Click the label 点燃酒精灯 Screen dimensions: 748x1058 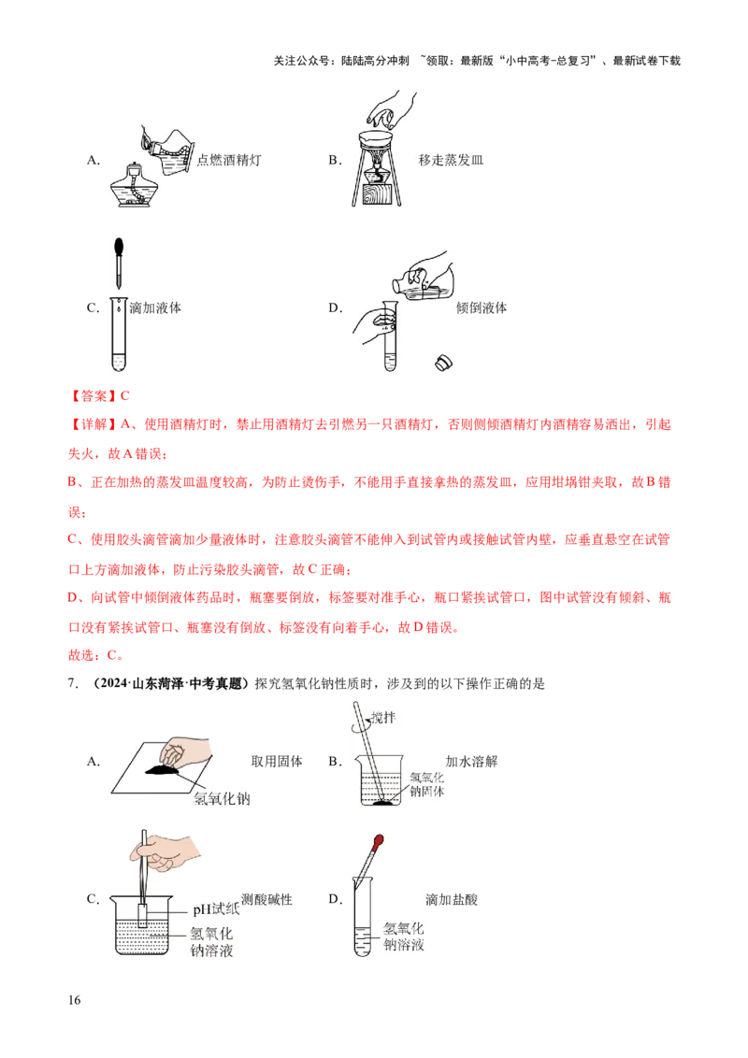point(229,160)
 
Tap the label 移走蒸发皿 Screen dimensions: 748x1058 point(451,160)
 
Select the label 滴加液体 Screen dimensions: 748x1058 point(155,307)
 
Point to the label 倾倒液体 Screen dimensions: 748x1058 point(482,307)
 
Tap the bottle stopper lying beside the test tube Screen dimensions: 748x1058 point(443,363)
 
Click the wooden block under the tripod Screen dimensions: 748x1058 point(376,193)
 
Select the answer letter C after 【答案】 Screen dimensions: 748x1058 point(125,396)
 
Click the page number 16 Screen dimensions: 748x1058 point(74,1000)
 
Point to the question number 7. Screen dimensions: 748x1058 point(72,683)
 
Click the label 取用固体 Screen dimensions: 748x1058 point(277,761)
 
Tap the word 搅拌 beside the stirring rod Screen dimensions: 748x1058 point(383,717)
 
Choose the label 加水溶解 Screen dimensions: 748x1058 point(471,761)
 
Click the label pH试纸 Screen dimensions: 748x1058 point(216,909)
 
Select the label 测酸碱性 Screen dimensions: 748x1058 point(266,899)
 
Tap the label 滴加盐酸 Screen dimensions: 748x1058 point(452,899)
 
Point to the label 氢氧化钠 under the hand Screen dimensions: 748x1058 point(223,799)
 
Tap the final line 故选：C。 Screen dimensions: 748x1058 point(96,655)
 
